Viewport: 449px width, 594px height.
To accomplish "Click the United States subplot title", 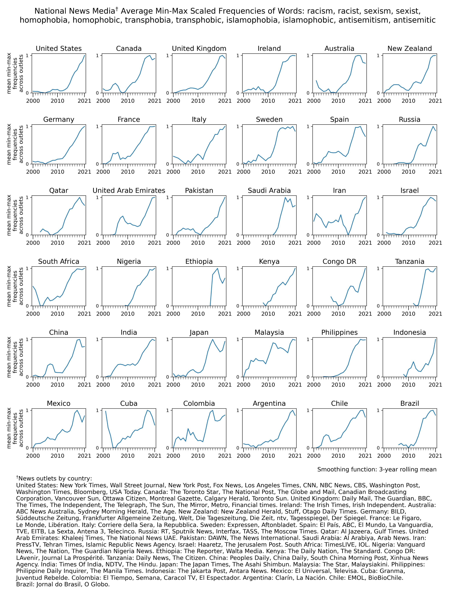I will point(59,49).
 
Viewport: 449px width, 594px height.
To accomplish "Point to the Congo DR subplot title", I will point(339,262).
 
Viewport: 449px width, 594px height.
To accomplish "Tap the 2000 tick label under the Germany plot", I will point(33,172).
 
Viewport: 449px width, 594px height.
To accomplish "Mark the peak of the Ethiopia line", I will point(217,268).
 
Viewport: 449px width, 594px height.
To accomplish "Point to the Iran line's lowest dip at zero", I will point(348,235).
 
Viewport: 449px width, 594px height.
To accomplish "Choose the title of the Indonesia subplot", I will point(410,332).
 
